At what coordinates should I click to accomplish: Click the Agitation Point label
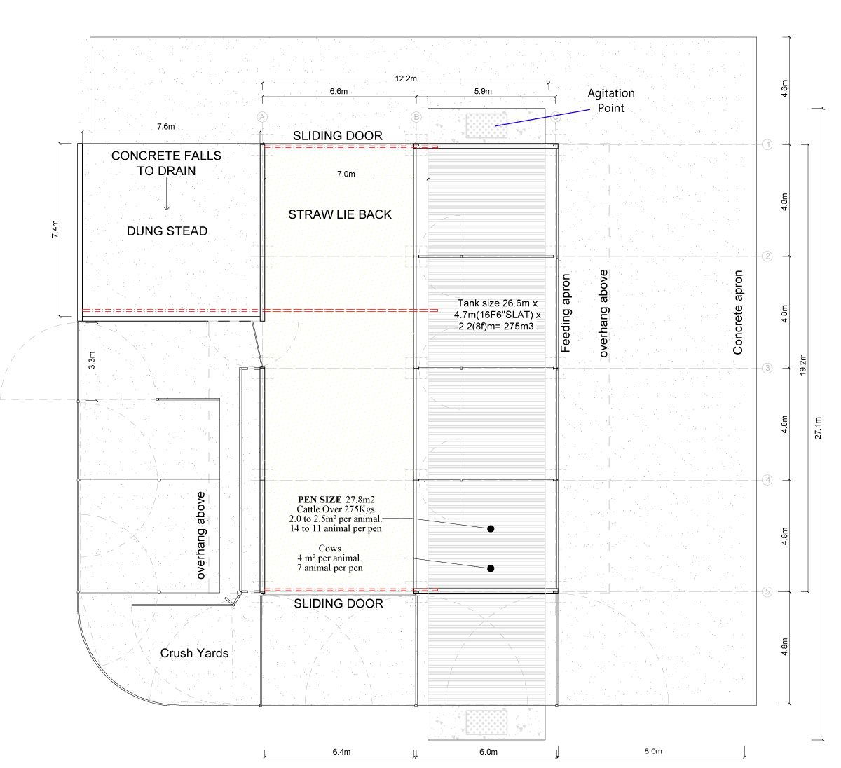coord(611,101)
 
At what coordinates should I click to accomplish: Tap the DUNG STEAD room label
coord(167,231)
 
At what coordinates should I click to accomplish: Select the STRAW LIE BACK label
coord(340,214)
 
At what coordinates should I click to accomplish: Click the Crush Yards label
coord(194,653)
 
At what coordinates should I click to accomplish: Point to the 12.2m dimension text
coord(406,78)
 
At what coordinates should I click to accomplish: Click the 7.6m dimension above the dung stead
coord(166,126)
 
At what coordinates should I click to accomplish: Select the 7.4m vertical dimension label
coord(55,229)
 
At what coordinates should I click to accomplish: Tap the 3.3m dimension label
coord(92,360)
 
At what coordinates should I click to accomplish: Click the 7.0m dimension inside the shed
coord(346,174)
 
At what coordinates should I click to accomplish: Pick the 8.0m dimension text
coord(653,751)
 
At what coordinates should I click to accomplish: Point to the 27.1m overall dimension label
coord(818,428)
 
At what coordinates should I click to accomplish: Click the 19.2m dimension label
coord(803,364)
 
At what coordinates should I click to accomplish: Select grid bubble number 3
coord(767,368)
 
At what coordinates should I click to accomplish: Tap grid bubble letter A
coord(262,117)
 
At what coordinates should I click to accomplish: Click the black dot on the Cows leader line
coord(491,568)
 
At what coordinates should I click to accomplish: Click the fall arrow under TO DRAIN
coord(166,195)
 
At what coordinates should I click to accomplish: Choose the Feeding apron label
coord(566,313)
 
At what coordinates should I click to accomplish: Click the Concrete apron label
coord(738,313)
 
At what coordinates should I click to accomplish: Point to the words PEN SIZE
coord(320,500)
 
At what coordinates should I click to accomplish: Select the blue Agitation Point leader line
coord(542,118)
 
